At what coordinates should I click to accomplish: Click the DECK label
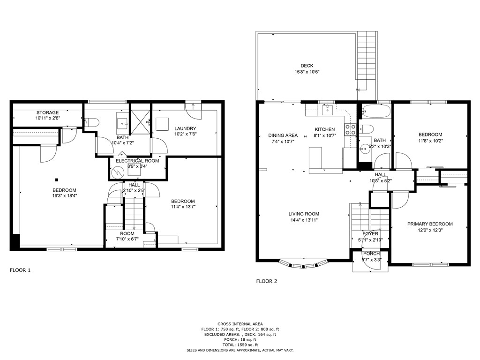coord(307,66)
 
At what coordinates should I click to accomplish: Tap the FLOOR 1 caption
coord(20,270)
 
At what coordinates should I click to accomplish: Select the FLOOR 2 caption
coord(266,281)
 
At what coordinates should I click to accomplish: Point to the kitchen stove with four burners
coord(350,129)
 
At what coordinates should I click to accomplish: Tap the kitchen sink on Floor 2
coord(328,110)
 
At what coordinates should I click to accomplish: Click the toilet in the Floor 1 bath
coord(92,122)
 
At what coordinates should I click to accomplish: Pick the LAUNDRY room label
coord(185,128)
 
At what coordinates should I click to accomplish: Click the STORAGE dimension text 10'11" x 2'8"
coord(48,119)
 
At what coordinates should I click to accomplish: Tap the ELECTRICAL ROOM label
coord(137,161)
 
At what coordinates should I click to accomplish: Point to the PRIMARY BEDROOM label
coord(430,224)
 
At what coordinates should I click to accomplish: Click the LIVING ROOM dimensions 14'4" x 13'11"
coord(303,220)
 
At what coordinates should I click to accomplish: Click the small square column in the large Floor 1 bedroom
coord(56,179)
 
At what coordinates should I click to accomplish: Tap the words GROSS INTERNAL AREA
coord(240,324)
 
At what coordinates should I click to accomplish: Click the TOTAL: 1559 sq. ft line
coord(240,345)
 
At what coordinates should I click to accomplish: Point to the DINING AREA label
coord(283,135)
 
